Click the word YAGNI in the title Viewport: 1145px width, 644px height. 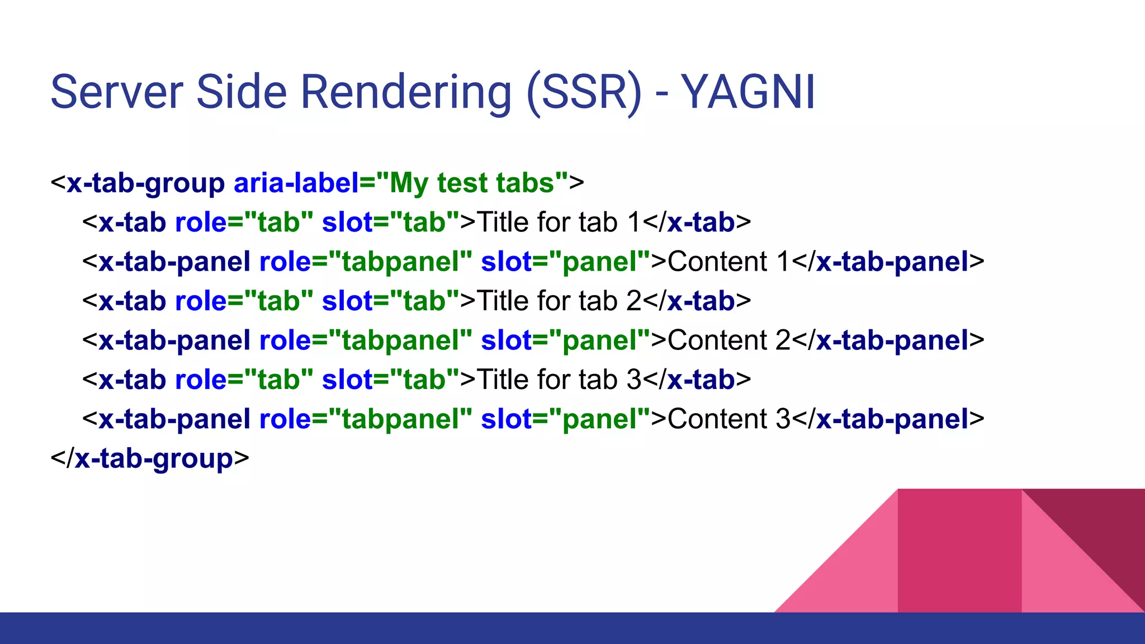(748, 92)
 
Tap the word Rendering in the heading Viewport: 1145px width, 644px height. (406, 92)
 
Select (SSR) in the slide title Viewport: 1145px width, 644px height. (584, 92)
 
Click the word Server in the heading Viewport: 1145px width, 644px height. (117, 92)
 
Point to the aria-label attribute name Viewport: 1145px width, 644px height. (296, 183)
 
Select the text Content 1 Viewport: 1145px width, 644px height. (728, 262)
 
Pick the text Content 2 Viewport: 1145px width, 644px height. (728, 340)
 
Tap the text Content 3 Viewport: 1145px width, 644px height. (728, 419)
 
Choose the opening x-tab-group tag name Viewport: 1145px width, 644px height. (145, 183)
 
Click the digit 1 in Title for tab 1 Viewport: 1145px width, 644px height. (633, 222)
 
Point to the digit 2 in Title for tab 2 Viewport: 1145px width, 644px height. (633, 301)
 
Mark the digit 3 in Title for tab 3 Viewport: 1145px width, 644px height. (633, 380)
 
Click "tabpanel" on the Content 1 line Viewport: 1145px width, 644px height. (400, 262)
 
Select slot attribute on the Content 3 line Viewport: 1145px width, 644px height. (506, 419)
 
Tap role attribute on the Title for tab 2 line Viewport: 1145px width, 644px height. (201, 301)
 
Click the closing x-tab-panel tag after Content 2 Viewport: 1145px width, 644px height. (892, 340)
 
